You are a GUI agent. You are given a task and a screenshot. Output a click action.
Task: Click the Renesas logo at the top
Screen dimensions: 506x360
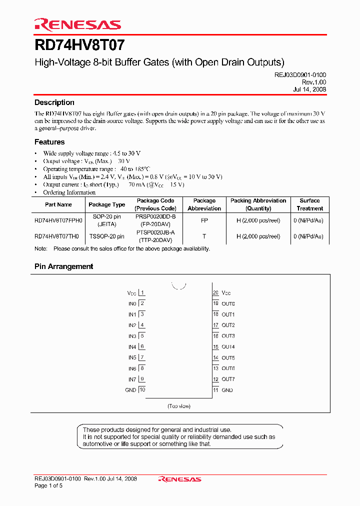77,24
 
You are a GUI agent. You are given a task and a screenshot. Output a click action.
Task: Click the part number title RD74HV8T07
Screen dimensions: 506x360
79,45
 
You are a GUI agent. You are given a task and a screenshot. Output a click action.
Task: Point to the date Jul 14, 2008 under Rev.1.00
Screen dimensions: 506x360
309,89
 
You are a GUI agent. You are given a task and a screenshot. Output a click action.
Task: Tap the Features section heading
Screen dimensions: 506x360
49,142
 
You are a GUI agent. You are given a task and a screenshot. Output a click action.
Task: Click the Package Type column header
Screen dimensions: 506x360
106,204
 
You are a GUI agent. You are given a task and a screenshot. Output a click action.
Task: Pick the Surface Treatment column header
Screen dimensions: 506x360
309,204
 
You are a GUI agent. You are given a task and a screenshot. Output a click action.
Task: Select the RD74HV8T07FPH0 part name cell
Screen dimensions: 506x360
58,220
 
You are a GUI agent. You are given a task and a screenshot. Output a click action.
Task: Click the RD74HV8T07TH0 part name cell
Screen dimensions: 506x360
56,236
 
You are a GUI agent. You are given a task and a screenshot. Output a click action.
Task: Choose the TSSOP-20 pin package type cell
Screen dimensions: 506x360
106,236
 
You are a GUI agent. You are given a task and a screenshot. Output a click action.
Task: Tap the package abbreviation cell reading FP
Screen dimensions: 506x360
204,220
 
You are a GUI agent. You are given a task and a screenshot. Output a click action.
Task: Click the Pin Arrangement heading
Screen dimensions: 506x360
63,266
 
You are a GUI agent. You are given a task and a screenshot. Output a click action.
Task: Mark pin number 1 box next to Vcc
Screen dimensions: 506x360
142,292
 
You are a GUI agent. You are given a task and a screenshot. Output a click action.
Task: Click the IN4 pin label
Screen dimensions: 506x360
132,347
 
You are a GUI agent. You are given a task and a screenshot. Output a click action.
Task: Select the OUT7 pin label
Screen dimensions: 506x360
228,379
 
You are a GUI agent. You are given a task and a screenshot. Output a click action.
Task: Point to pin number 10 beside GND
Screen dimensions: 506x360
142,390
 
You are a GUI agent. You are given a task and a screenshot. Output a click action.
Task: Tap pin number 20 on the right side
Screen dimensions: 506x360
216,292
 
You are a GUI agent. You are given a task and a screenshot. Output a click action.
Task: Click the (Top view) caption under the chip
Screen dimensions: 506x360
179,406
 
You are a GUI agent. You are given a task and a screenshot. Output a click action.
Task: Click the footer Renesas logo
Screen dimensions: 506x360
179,479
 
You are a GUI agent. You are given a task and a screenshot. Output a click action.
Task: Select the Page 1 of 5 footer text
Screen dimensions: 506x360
48,485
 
